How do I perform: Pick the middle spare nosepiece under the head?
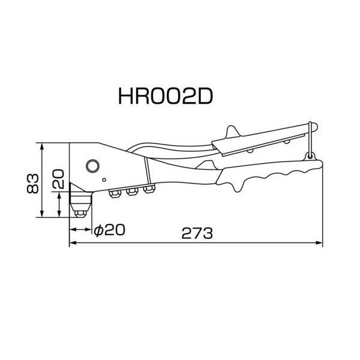pyautogui.click(x=130, y=191)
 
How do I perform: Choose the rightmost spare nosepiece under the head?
pyautogui.click(x=148, y=190)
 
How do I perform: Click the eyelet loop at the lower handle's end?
pyautogui.click(x=310, y=156)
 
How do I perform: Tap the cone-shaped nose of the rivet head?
pyautogui.click(x=76, y=194)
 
